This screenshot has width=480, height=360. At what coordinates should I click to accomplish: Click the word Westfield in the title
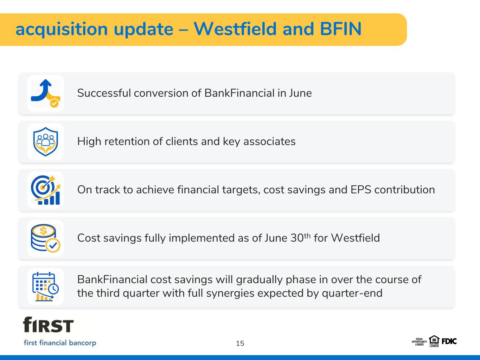tap(235, 29)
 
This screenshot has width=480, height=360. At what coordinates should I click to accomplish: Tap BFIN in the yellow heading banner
tap(341, 29)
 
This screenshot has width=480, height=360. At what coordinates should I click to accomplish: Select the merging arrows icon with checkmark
tap(46, 93)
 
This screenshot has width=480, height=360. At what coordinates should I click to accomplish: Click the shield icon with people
tap(45, 142)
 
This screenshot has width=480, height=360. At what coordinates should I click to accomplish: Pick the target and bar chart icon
tap(45, 190)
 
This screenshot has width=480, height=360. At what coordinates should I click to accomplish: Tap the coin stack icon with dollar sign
tap(45, 238)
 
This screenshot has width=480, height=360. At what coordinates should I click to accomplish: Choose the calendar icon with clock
tap(45, 287)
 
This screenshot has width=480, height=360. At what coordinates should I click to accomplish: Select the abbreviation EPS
tap(361, 190)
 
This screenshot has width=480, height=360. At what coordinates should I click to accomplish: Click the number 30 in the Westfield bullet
tap(297, 238)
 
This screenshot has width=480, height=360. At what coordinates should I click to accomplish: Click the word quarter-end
tap(352, 293)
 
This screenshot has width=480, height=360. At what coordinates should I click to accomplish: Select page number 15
tap(240, 343)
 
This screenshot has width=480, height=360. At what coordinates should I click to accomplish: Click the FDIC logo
tap(449, 341)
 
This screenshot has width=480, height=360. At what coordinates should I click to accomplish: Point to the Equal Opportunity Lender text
tap(419, 342)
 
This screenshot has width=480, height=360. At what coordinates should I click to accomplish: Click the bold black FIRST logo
tap(48, 324)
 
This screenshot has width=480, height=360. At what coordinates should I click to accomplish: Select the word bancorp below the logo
tap(82, 343)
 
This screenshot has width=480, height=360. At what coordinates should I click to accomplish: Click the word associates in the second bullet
tap(269, 141)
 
